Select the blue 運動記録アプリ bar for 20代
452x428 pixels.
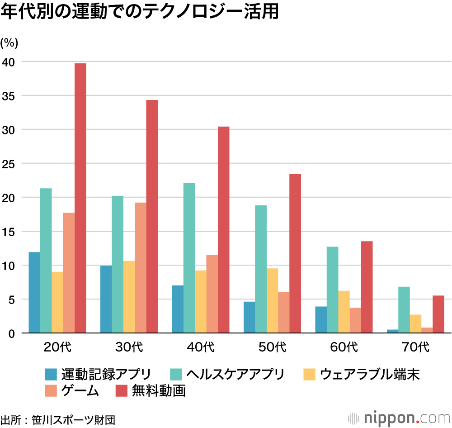[34, 293]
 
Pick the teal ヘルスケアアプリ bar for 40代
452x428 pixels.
[189, 258]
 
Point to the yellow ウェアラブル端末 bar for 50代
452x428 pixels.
[272, 301]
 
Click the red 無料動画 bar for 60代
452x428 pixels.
[367, 287]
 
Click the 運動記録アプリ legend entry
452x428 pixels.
[97, 374]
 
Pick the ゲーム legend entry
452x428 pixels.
[72, 390]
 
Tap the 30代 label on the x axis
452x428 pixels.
[129, 347]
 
